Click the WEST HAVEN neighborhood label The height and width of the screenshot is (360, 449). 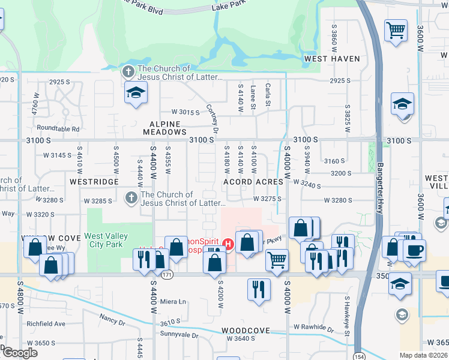tap(331, 59)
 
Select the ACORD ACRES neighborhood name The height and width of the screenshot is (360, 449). tap(253, 181)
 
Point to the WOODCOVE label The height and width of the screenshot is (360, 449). tap(244, 331)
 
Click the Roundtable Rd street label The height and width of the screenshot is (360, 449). tap(58, 128)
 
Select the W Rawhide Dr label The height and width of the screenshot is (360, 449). tap(313, 328)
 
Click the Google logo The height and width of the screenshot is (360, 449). tap(20, 353)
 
